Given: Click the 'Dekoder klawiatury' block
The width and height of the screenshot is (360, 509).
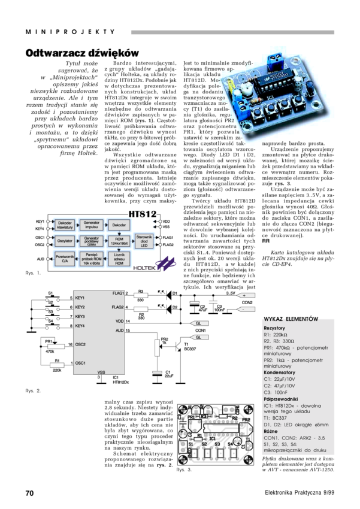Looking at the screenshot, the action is coord(64,225).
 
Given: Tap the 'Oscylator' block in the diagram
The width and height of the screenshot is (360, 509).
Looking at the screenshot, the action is coord(64,241).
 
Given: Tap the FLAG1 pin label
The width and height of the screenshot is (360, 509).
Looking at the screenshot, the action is coord(117,293).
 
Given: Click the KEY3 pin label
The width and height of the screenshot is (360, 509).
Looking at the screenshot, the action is coord(80,316).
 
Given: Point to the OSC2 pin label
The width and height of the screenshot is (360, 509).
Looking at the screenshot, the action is coord(80,345).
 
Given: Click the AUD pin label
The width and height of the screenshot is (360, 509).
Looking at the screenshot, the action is coord(119,330).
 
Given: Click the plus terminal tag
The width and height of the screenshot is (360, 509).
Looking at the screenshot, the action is coord(246,295).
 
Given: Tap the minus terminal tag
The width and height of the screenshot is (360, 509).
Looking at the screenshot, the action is coord(246,310).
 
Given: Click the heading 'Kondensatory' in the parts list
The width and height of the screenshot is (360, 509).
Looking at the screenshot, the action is coord(283,372).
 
